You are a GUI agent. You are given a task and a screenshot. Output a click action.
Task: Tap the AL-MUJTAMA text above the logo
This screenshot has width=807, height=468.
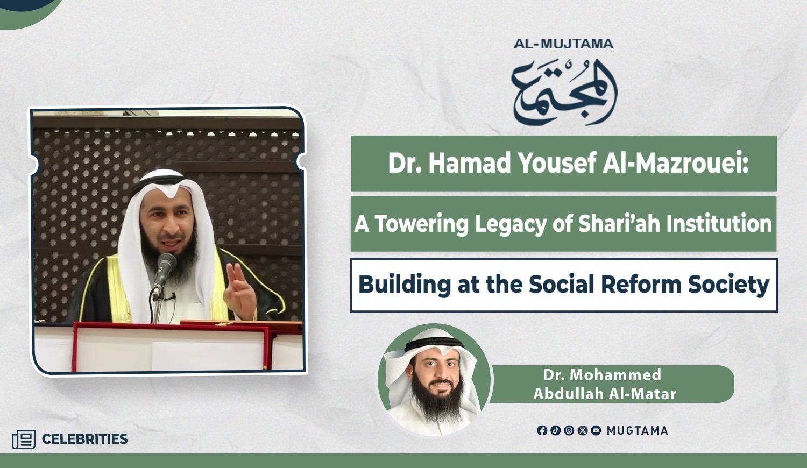click(563, 44)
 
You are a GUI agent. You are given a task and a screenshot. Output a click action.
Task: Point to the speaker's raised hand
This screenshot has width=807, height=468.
click(240, 290)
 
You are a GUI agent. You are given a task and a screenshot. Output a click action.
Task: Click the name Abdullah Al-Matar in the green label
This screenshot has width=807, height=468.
click(605, 394)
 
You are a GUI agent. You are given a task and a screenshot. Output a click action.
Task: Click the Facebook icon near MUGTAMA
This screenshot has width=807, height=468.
click(542, 430)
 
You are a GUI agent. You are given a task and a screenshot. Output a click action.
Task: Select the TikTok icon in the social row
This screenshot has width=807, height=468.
click(555, 430)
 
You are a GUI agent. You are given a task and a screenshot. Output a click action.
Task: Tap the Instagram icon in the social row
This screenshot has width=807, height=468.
click(569, 430)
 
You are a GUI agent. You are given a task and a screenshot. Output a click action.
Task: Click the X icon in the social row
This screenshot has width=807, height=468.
click(583, 430)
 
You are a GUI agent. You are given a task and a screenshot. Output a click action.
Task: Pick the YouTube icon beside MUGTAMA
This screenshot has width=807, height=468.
click(596, 430)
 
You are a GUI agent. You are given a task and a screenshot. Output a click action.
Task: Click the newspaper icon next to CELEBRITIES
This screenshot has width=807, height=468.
click(24, 439)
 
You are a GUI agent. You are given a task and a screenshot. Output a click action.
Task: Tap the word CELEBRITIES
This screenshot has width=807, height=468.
click(84, 439)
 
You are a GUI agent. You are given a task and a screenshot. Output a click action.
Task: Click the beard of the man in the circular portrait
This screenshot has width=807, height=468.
click(437, 401)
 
